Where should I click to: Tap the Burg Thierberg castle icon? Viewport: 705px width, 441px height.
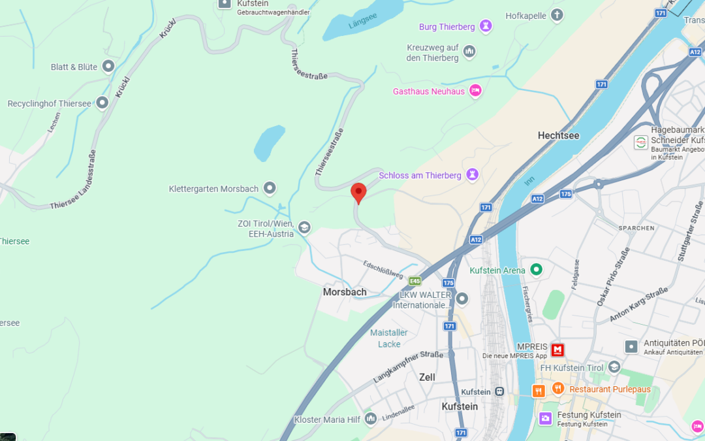point(485,26)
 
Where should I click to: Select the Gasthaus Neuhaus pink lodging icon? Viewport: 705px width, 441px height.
point(475,91)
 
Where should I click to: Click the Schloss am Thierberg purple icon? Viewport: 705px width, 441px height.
point(473,174)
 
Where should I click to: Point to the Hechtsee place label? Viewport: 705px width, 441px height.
point(558,135)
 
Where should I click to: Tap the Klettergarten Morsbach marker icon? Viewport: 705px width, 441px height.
point(270,188)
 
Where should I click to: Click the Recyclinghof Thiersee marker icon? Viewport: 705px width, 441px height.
point(102,103)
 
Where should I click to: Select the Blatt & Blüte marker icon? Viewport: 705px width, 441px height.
point(108,66)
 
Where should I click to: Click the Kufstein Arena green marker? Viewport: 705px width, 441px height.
point(537,269)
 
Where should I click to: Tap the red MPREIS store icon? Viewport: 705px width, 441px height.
point(557,350)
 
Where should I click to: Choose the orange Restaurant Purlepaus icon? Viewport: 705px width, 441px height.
point(557,389)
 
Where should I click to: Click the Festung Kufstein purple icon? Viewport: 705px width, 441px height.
point(545,417)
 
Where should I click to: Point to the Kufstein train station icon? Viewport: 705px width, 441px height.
point(499,391)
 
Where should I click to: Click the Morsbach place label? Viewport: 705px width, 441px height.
point(345,292)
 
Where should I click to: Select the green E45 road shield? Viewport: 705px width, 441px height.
point(415,281)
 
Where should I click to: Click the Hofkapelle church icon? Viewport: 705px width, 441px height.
point(557,14)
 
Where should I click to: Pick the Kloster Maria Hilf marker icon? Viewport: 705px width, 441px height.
point(371,417)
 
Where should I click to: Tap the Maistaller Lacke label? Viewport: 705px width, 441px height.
point(389,338)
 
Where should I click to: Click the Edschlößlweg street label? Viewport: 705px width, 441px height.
point(383,269)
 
